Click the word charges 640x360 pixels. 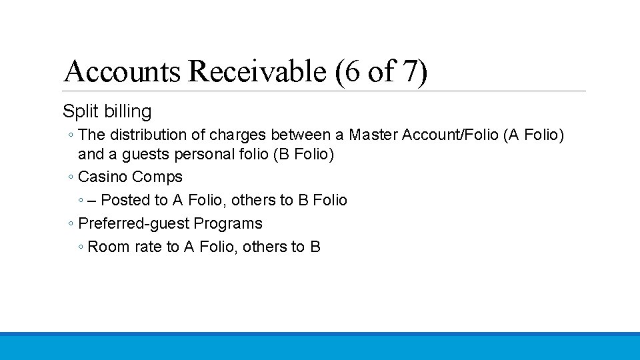pyautogui.click(x=237, y=135)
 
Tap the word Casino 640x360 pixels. pyautogui.click(x=102, y=177)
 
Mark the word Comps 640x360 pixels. pyautogui.click(x=157, y=177)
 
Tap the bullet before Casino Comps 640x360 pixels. pyautogui.click(x=70, y=178)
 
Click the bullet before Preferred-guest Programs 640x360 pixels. pyautogui.click(x=70, y=224)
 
